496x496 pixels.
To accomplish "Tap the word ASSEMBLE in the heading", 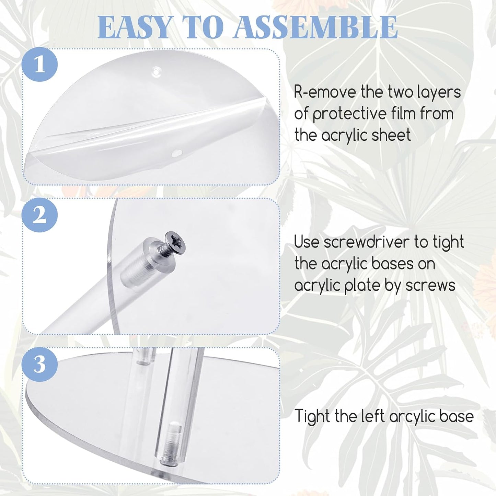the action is pos(315,27).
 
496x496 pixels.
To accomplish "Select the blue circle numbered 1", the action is pos(39,64).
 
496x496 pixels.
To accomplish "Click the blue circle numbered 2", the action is pos(39,215).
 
